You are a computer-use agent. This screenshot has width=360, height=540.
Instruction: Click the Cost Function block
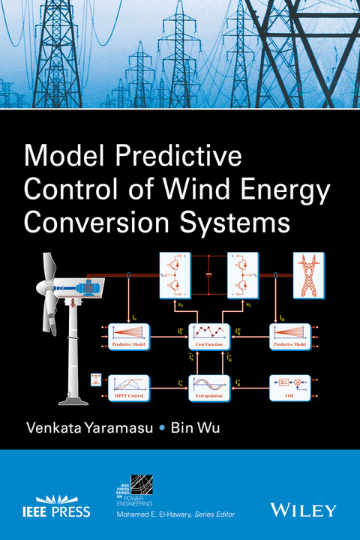point(209,335)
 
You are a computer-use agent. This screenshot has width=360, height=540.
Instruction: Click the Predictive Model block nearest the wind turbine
point(130,335)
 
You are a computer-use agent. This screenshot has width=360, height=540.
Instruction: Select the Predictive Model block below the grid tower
point(289,335)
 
